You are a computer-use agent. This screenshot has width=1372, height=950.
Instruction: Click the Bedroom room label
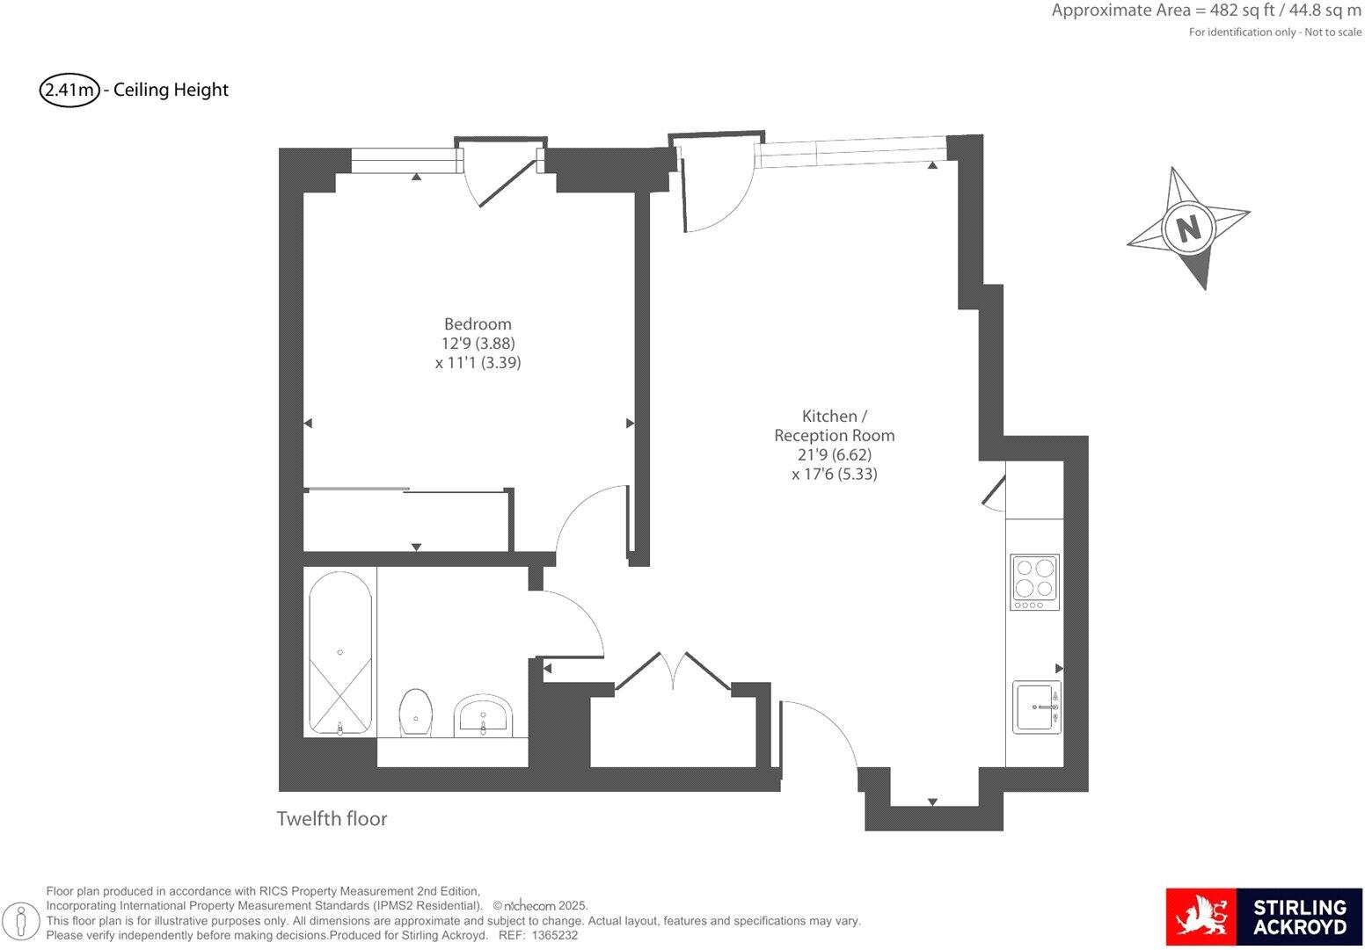point(478,324)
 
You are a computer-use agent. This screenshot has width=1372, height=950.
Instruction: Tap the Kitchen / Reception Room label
point(834,425)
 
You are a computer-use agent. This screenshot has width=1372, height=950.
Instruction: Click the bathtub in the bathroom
point(340,652)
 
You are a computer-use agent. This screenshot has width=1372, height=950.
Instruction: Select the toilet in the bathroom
point(416,712)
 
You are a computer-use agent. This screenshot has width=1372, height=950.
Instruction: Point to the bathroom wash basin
point(483,715)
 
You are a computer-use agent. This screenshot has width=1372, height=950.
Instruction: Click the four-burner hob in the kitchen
point(1034,582)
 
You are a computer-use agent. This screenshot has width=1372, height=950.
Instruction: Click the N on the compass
point(1188,228)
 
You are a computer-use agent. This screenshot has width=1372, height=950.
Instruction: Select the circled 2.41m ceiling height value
point(69,90)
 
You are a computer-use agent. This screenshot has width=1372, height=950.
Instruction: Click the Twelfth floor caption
point(332,819)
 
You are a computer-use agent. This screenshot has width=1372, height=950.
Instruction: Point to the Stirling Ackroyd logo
point(1264,917)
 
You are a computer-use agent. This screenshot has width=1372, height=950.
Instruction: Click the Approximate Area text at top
point(1206,11)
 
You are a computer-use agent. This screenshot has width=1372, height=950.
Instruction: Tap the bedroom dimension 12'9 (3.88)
point(478,344)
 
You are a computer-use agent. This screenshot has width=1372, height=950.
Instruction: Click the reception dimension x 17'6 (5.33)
point(834,475)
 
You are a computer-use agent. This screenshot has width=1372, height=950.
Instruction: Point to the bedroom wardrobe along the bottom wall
point(406,519)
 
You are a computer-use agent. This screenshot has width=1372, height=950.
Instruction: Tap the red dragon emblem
point(1200,917)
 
